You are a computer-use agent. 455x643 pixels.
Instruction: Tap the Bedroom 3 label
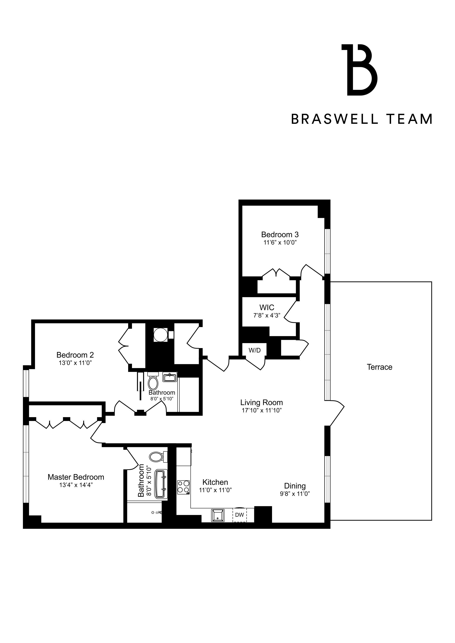pyautogui.click(x=280, y=234)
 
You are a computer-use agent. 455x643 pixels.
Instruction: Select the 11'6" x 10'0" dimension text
pyautogui.click(x=280, y=242)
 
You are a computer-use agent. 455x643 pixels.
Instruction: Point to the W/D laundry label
pyautogui.click(x=254, y=350)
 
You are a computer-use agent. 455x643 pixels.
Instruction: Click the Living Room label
pyautogui.click(x=261, y=403)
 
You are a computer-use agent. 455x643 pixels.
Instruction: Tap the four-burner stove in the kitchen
pyautogui.click(x=183, y=487)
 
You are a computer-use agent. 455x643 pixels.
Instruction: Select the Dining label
pyautogui.click(x=295, y=486)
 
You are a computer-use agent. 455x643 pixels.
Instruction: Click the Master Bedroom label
pyautogui.click(x=76, y=477)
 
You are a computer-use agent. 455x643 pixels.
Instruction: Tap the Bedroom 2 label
pyautogui.click(x=75, y=355)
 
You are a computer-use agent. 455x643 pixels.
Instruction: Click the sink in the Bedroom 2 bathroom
pyautogui.click(x=170, y=378)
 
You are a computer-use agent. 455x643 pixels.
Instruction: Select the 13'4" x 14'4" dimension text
pyautogui.click(x=76, y=485)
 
